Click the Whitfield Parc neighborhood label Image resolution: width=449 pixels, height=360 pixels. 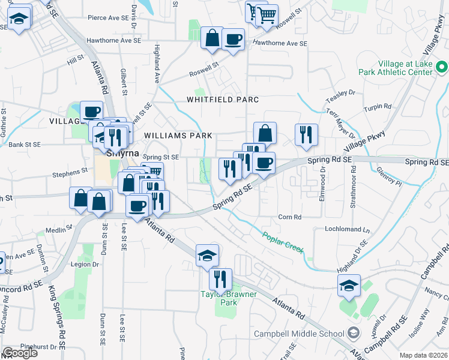tap(222, 99)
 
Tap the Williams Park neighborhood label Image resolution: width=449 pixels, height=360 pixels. tap(178, 136)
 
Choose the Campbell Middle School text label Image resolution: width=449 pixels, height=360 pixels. tap(300, 334)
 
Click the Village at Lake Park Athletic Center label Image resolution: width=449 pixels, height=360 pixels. tap(405, 68)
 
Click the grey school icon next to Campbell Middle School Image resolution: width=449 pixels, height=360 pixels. tap(354, 333)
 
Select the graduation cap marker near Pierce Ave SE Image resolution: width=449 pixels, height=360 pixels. tap(19, 19)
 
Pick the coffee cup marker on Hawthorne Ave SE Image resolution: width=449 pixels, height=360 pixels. tap(232, 39)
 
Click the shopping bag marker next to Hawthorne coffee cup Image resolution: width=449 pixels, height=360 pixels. tap(212, 37)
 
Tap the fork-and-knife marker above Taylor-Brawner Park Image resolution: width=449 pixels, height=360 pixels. tap(220, 278)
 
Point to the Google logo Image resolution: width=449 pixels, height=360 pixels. tap(20, 353)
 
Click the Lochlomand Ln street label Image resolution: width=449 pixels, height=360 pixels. tap(348, 229)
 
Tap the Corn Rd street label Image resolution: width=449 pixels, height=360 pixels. tap(289, 217)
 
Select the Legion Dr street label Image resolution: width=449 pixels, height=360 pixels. tap(85, 264)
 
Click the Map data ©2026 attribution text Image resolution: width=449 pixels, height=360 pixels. tap(424, 355)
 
